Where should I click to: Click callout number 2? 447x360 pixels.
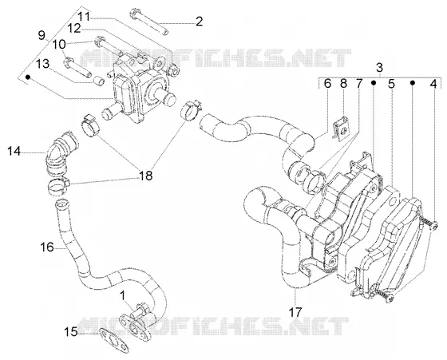[199, 22]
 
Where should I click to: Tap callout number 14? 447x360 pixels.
[14, 151]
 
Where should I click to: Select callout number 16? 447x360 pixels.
[47, 247]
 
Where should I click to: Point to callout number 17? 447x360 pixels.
[295, 312]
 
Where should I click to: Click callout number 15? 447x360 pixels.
[70, 331]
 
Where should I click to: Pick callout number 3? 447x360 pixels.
[379, 68]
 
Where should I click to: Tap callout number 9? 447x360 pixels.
[42, 35]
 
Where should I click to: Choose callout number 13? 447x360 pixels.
[42, 64]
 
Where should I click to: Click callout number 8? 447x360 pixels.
[343, 84]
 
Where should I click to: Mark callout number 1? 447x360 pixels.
[123, 296]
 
